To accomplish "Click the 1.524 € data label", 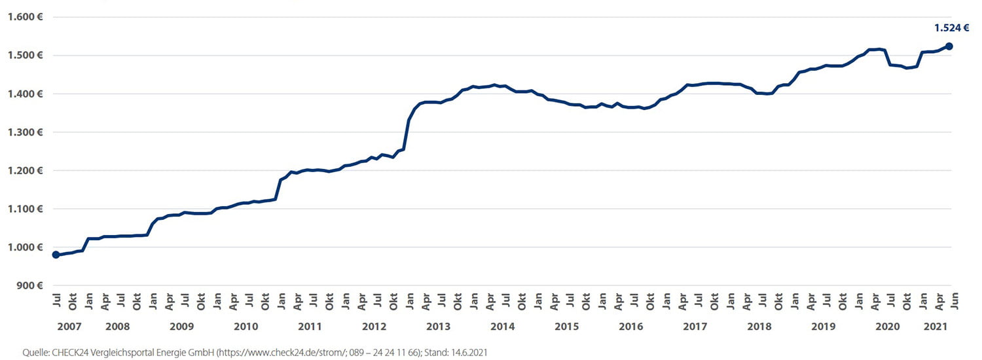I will tap(951, 27).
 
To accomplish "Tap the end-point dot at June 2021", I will tap(949, 46).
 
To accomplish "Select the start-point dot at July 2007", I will tap(56, 255).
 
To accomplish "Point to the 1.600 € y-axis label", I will tap(25, 17).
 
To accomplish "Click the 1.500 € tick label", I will tap(25, 56).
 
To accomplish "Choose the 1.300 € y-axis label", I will tap(25, 132).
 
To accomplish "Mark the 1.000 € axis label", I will tap(25, 247).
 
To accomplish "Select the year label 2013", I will tap(438, 327).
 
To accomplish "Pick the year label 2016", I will tap(631, 327).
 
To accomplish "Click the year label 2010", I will tap(245, 327).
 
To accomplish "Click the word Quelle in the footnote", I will tap(36, 352).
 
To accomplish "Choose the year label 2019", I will tap(824, 327).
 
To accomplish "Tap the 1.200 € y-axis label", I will tap(25, 171).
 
